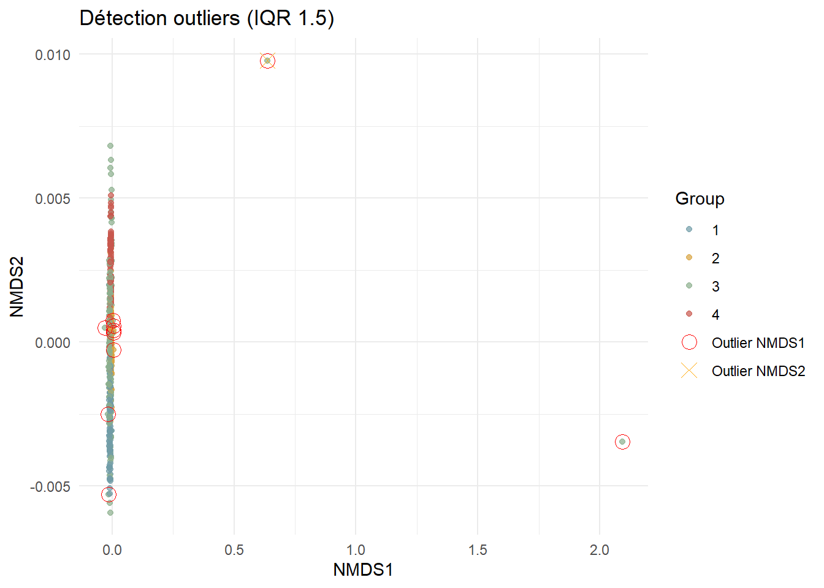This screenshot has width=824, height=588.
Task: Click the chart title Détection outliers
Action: tap(207, 18)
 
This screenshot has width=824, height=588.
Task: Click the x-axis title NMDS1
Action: tap(362, 570)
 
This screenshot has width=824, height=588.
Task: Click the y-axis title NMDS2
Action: tap(17, 286)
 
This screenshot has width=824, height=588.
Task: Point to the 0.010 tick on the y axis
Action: tap(53, 55)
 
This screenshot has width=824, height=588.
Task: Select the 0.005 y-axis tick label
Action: tap(53, 198)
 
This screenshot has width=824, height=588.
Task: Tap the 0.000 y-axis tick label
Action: tap(53, 342)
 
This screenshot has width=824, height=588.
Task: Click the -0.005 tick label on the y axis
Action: tap(50, 486)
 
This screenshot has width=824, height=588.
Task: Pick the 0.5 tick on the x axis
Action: tap(234, 550)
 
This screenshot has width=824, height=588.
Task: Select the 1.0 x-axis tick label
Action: tap(356, 550)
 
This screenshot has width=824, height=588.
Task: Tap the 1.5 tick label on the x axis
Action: tap(478, 550)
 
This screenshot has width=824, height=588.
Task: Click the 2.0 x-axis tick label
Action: tap(600, 550)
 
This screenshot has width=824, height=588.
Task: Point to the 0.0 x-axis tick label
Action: tap(112, 550)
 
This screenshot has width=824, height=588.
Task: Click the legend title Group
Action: tap(700, 198)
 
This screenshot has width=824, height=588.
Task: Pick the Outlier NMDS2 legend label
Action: tap(758, 371)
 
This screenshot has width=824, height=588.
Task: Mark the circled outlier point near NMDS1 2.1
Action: tap(622, 442)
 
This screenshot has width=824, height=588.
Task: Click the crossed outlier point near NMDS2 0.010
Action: tap(267, 61)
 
